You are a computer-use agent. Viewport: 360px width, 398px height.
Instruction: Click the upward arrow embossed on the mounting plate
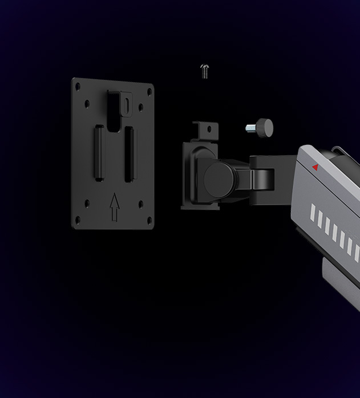coord(115,206)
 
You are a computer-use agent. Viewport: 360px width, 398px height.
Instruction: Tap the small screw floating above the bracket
coord(205,71)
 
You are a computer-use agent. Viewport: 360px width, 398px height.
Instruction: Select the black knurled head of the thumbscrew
coord(264,127)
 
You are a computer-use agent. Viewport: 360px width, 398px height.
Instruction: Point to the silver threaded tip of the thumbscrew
coord(250,128)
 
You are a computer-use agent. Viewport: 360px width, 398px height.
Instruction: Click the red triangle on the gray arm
coord(315,167)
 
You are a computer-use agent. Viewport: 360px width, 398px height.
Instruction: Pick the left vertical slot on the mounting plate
coord(99,153)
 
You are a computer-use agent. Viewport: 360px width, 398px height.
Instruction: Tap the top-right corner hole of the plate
coord(149,91)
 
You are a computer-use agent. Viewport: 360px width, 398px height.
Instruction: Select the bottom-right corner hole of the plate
coord(149,222)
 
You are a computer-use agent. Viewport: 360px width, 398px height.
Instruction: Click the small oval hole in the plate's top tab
coord(126,103)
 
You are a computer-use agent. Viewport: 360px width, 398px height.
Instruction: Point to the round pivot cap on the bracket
coord(220,179)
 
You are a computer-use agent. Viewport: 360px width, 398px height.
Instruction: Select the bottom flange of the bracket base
coord(201,206)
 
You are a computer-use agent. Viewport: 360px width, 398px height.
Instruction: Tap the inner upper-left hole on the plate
coord(87,104)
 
